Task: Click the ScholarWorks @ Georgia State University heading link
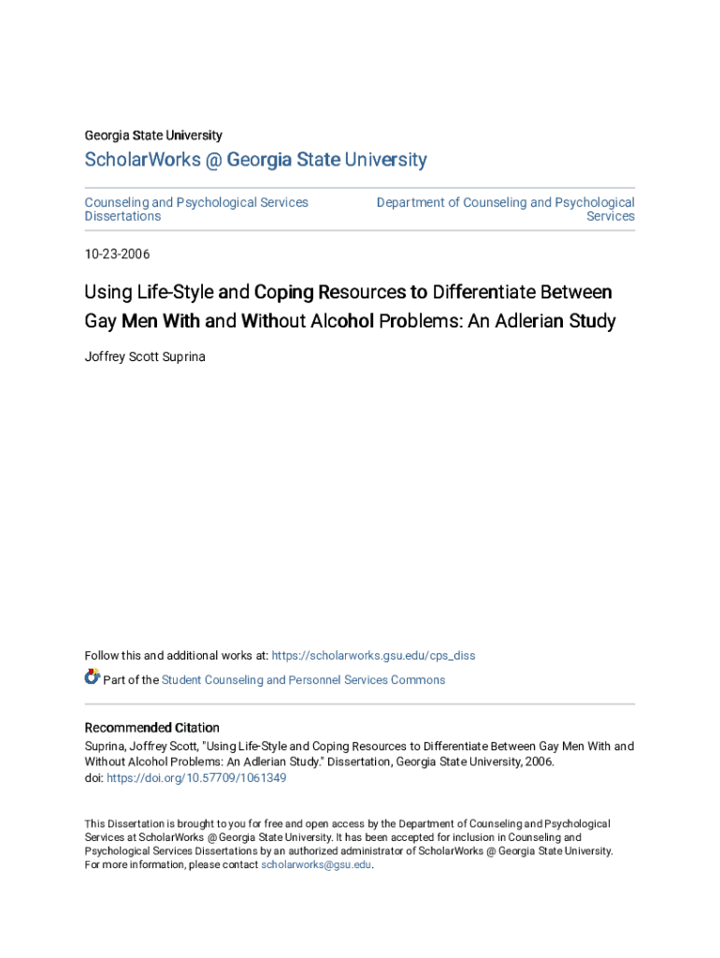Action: click(x=255, y=160)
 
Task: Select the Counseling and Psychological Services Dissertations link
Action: click(x=196, y=209)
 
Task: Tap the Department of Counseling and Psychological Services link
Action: click(x=506, y=209)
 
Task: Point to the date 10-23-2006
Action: click(x=117, y=254)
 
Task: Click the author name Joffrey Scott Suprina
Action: click(x=145, y=357)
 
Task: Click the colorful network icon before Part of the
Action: click(x=92, y=677)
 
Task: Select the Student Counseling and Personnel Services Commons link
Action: click(x=303, y=680)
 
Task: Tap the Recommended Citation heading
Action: click(x=152, y=728)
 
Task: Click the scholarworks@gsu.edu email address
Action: click(x=316, y=865)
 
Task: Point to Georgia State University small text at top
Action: click(x=153, y=136)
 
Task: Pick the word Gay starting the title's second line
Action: click(x=100, y=322)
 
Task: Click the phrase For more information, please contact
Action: click(x=171, y=865)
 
